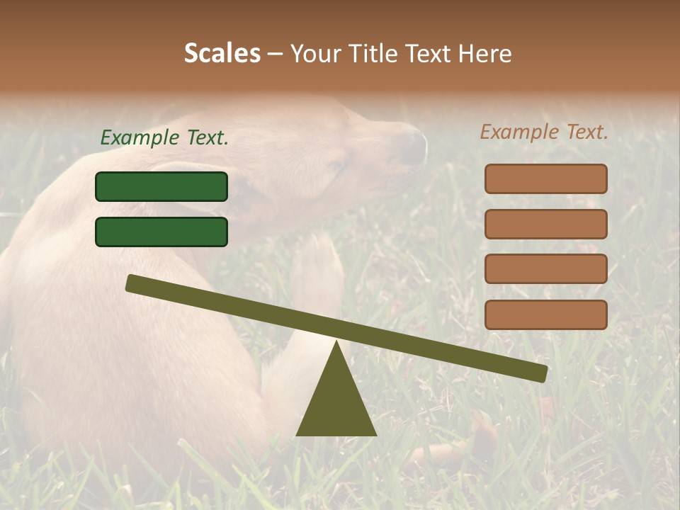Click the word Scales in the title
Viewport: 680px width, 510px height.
222,53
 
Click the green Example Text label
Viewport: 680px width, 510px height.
164,137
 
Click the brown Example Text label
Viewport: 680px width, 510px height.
544,132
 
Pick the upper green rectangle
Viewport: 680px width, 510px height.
161,186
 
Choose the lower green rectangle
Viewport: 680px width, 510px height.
161,232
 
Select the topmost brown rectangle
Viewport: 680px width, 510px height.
545,178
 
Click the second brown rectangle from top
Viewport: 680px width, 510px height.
545,224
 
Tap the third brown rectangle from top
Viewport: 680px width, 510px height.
545,268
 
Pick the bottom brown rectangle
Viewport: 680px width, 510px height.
545,314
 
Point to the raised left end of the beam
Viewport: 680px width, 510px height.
132,283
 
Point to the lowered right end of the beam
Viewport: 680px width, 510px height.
541,373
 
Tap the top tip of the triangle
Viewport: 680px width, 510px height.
336,342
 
